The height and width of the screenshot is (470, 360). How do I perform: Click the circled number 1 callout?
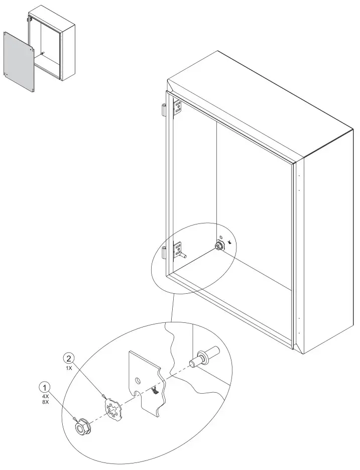point(46,388)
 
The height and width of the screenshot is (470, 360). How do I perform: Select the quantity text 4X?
point(46,396)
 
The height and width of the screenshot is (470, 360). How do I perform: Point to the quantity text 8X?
point(46,402)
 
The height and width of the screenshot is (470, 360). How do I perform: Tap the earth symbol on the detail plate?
point(156,391)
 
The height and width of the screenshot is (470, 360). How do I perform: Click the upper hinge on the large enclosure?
point(164,109)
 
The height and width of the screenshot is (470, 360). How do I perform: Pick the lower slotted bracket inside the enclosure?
point(177,250)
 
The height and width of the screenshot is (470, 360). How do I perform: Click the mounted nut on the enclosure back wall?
point(219,246)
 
